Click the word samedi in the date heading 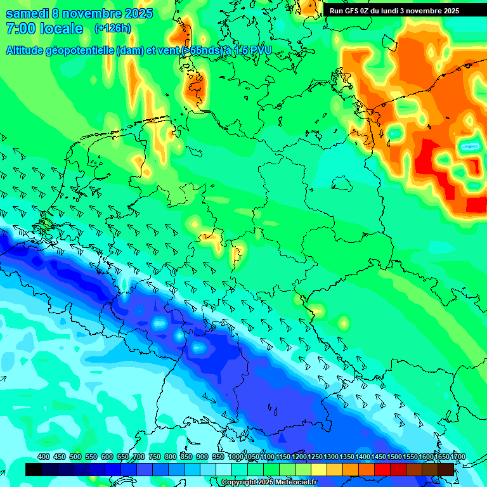(x=28, y=13)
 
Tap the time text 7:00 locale (x=44, y=29)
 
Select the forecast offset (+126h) (x=112, y=29)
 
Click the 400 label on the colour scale (x=44, y=457)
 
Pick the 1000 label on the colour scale (x=235, y=457)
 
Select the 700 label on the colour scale (x=139, y=457)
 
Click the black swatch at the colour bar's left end (x=34, y=469)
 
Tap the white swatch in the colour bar (x=224, y=469)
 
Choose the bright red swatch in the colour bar (x=382, y=469)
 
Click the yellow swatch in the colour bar (x=319, y=469)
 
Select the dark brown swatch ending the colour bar (x=446, y=469)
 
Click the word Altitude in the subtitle (x=27, y=50)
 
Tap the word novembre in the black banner (x=425, y=11)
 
